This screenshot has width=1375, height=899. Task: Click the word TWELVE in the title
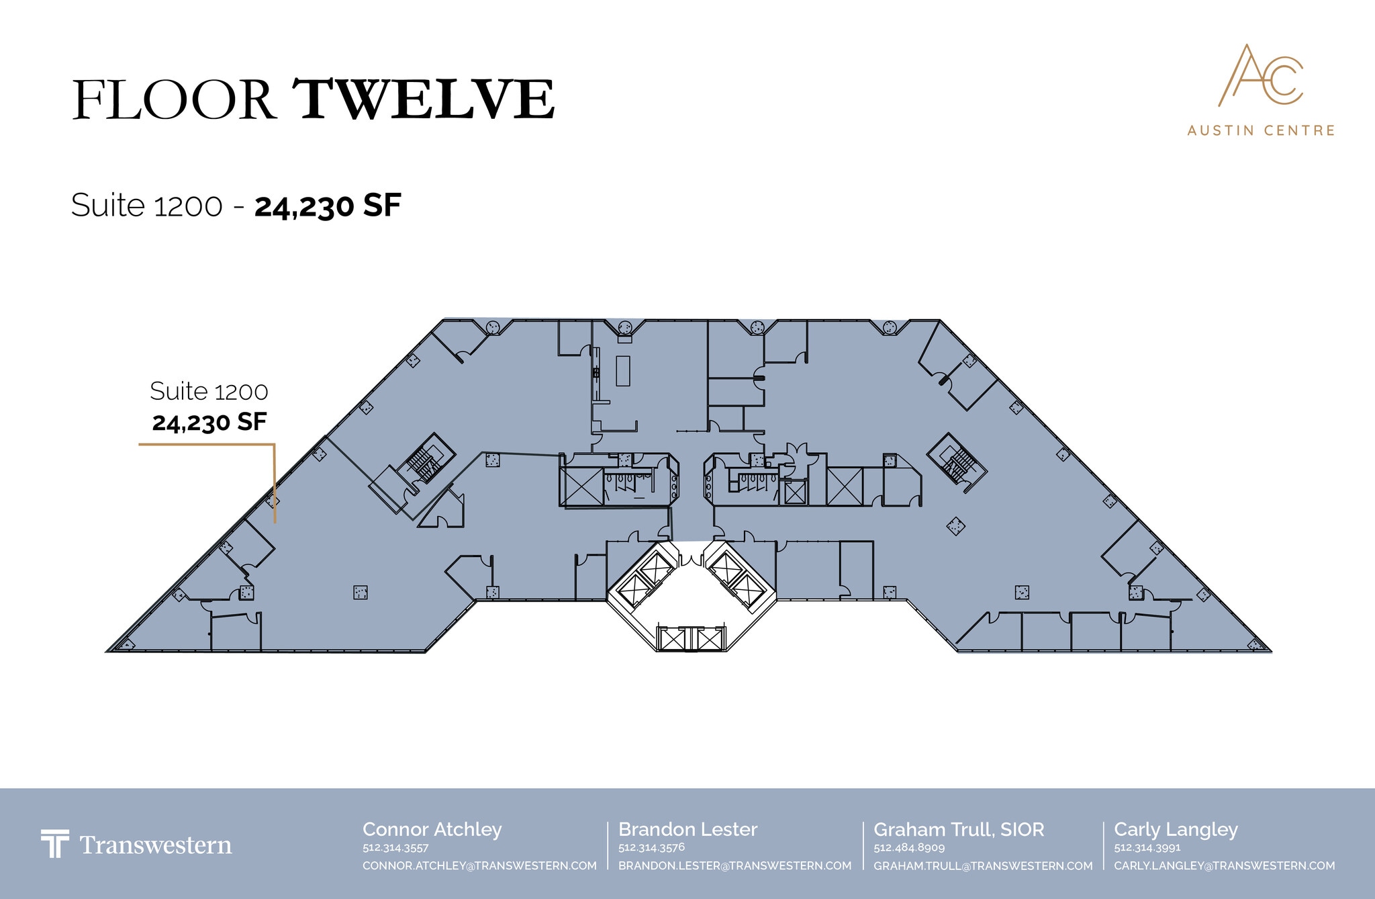click(x=424, y=99)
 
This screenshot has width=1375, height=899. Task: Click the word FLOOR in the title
click(x=174, y=100)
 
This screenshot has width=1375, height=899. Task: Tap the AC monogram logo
click(x=1260, y=75)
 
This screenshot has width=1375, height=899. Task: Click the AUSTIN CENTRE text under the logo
click(x=1261, y=130)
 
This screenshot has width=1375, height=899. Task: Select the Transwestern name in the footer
click(x=156, y=845)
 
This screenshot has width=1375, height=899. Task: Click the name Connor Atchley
click(x=432, y=830)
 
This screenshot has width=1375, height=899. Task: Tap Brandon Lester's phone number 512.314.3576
click(x=651, y=848)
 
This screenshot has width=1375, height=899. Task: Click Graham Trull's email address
click(x=983, y=866)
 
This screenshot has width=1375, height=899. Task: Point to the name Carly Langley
click(x=1176, y=830)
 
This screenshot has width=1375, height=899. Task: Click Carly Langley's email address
click(x=1225, y=866)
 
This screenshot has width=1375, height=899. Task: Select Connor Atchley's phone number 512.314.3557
click(x=395, y=848)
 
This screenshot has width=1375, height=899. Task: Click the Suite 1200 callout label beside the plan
click(x=209, y=391)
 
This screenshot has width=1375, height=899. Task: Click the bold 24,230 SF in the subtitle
click(x=328, y=206)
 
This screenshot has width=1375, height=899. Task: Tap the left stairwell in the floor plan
click(x=422, y=462)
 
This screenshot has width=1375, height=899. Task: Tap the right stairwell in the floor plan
click(x=956, y=462)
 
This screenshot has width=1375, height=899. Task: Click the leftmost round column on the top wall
click(x=493, y=327)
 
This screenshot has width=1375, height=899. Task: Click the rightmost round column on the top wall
click(x=890, y=327)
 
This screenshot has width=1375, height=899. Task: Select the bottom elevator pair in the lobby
click(x=692, y=638)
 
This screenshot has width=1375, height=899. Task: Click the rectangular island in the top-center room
click(x=623, y=370)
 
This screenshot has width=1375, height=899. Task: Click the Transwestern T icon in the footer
click(x=54, y=844)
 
